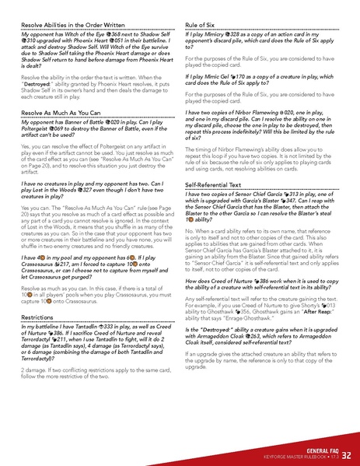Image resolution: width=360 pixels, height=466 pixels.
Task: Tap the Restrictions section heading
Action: pos(37,317)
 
